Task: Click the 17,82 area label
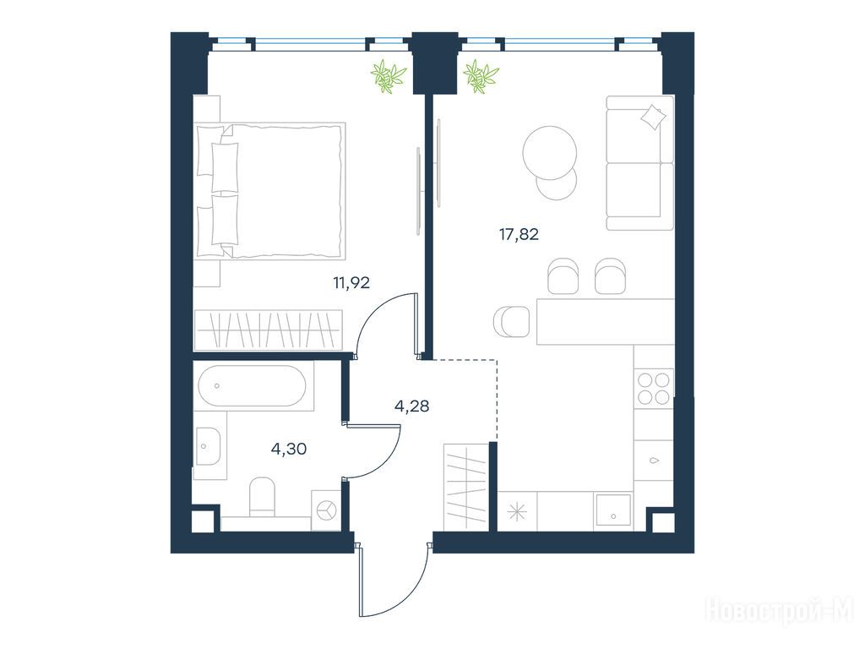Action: pyautogui.click(x=519, y=235)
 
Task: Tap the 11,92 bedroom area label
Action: pyautogui.click(x=351, y=283)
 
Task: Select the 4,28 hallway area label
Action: pyautogui.click(x=411, y=406)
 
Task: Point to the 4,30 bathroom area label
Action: pyautogui.click(x=289, y=450)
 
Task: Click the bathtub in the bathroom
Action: pyautogui.click(x=252, y=385)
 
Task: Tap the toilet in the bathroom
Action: pyautogui.click(x=262, y=497)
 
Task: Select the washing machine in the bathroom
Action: pyautogui.click(x=327, y=510)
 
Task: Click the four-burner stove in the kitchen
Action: pyautogui.click(x=654, y=389)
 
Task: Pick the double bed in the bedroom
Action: pyautogui.click(x=270, y=191)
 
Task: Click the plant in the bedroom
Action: pyautogui.click(x=389, y=76)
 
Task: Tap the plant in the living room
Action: pyautogui.click(x=481, y=76)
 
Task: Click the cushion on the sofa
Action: pyautogui.click(x=653, y=117)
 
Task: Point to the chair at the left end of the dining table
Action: pyautogui.click(x=511, y=322)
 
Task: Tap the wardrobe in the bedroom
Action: pyautogui.click(x=268, y=330)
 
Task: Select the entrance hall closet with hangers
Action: pyautogui.click(x=466, y=487)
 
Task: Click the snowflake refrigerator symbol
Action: pyautogui.click(x=517, y=512)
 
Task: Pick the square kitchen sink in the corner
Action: pyautogui.click(x=613, y=510)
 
